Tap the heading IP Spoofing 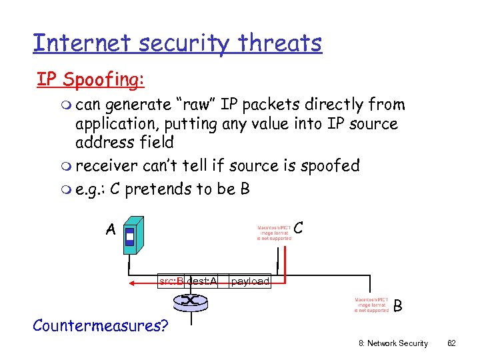90,79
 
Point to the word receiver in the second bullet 109,165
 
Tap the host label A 111,230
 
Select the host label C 299,228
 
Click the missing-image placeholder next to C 274,233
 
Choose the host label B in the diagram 398,306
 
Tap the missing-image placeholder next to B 371,305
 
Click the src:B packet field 171,281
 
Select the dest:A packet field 202,281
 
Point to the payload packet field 250,281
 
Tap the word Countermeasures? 101,326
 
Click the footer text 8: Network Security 393,343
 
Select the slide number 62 451,343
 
